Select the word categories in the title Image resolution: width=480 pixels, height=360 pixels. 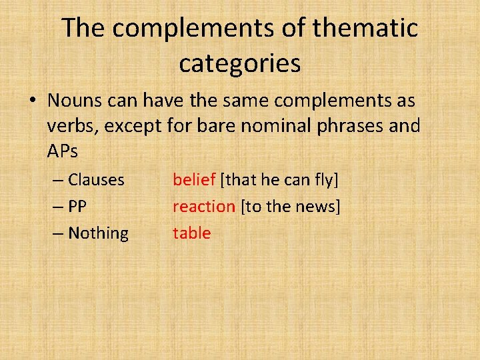[x=239, y=63]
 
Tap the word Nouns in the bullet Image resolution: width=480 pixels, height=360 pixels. [x=73, y=101]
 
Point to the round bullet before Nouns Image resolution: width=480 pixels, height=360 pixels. [x=33, y=101]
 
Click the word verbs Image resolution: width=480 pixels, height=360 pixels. [x=70, y=126]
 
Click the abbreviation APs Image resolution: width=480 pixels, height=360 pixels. [x=63, y=151]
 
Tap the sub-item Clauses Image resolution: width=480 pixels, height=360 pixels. [x=96, y=180]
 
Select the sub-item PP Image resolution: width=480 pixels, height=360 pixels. [x=77, y=207]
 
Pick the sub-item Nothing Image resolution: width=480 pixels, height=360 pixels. [x=98, y=233]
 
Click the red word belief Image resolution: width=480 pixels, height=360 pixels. [x=193, y=180]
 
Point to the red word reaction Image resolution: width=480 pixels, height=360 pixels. [x=203, y=207]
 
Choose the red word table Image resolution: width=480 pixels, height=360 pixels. [x=191, y=233]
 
